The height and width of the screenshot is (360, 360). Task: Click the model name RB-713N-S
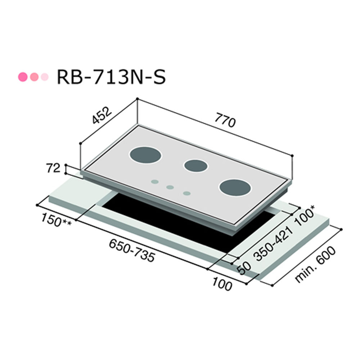(x=111, y=77)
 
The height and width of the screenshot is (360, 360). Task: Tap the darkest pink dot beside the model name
(x=23, y=77)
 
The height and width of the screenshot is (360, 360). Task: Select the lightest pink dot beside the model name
(x=45, y=77)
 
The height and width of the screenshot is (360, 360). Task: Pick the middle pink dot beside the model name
(x=34, y=77)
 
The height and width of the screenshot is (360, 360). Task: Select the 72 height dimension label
(x=53, y=168)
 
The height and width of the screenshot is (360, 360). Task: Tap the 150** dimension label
(x=56, y=220)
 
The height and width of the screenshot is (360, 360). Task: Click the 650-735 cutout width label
(x=132, y=250)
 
